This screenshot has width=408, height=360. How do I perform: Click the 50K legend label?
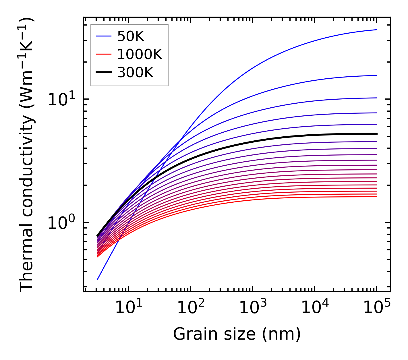(x=131, y=36)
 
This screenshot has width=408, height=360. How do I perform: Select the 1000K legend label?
(x=140, y=54)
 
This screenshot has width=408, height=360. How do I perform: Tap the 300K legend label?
(x=135, y=73)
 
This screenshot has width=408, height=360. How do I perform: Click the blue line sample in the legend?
(x=104, y=36)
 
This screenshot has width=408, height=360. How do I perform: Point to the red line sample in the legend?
(x=104, y=54)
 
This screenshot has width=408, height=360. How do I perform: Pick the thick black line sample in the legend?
(x=104, y=73)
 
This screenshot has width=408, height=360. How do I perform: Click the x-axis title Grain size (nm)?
(x=237, y=334)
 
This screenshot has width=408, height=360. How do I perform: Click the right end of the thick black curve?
(x=377, y=133)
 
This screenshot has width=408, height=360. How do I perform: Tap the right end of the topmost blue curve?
(x=377, y=30)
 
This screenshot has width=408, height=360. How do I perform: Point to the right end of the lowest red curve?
(x=377, y=197)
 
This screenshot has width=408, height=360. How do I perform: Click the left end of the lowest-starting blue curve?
(x=98, y=279)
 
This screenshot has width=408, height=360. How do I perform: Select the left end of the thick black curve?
(x=97, y=236)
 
